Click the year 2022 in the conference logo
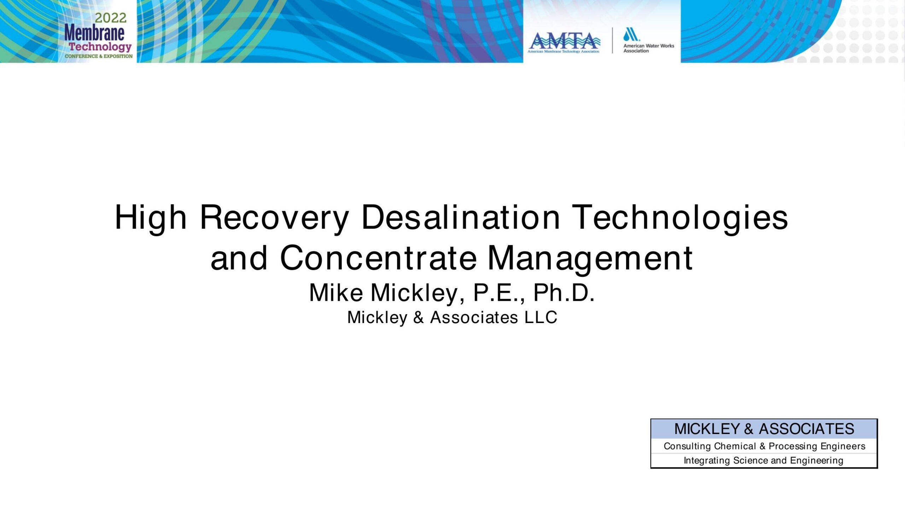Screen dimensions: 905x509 click(x=111, y=18)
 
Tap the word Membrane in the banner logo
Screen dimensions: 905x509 click(x=94, y=33)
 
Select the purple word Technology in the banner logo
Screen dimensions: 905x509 click(x=100, y=47)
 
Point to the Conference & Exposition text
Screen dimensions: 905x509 click(x=99, y=56)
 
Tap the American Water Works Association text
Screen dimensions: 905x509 click(x=649, y=48)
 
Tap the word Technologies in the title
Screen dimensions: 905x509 click(x=680, y=217)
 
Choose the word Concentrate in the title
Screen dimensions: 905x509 click(x=379, y=258)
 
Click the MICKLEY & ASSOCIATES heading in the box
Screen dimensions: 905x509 click(x=764, y=429)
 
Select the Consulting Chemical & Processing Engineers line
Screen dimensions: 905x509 click(x=764, y=446)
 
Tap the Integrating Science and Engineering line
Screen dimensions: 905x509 click(x=764, y=461)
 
